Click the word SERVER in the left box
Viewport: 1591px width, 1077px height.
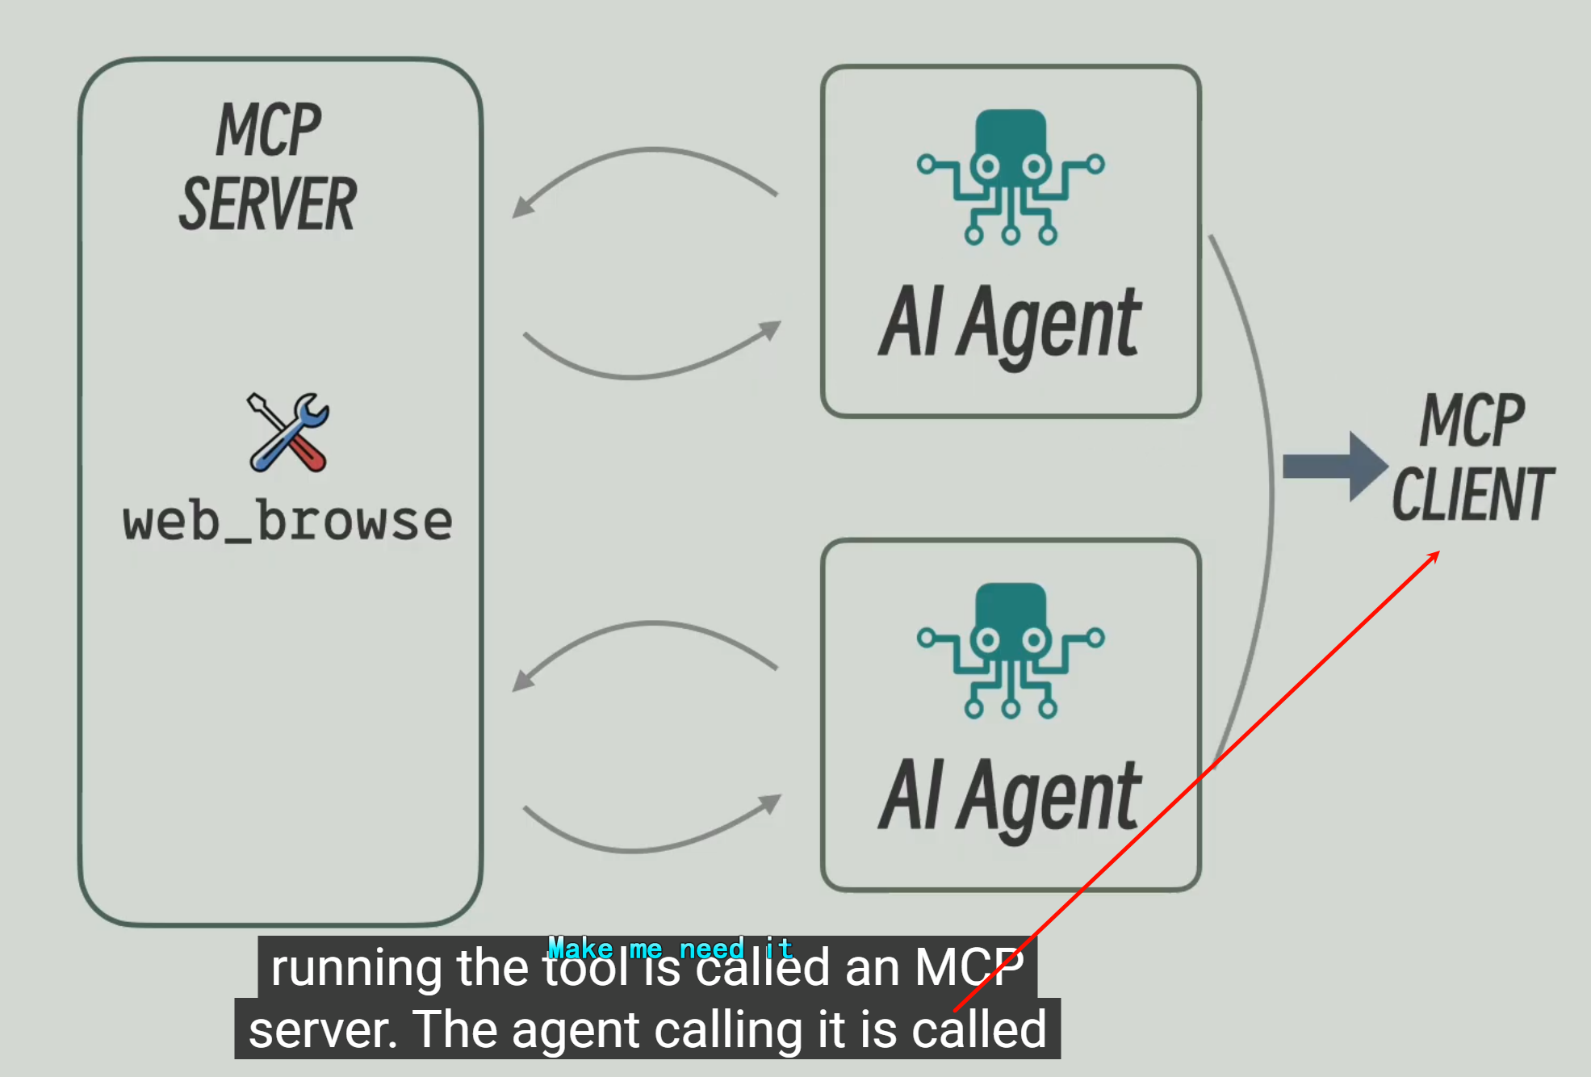[x=267, y=204]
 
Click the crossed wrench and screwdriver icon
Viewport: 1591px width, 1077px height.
[x=288, y=432]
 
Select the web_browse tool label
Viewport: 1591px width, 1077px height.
[x=287, y=522]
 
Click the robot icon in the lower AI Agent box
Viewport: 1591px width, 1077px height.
[x=1011, y=651]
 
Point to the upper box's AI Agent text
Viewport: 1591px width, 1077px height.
[x=1011, y=323]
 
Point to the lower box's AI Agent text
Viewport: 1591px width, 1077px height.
[x=1011, y=797]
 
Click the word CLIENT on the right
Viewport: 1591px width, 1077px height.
[x=1472, y=494]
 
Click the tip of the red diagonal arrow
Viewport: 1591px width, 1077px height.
[x=1438, y=552]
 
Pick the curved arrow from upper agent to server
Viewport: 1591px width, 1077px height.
[x=646, y=161]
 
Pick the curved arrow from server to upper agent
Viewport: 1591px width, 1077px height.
[x=646, y=367]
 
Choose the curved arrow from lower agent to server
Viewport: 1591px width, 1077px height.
[x=646, y=635]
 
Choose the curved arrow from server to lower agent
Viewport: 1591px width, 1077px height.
[x=646, y=841]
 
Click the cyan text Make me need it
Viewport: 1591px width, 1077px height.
[x=670, y=948]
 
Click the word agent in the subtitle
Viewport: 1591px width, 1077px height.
[x=575, y=1031]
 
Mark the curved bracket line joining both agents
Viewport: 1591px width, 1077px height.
[x=1268, y=484]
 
